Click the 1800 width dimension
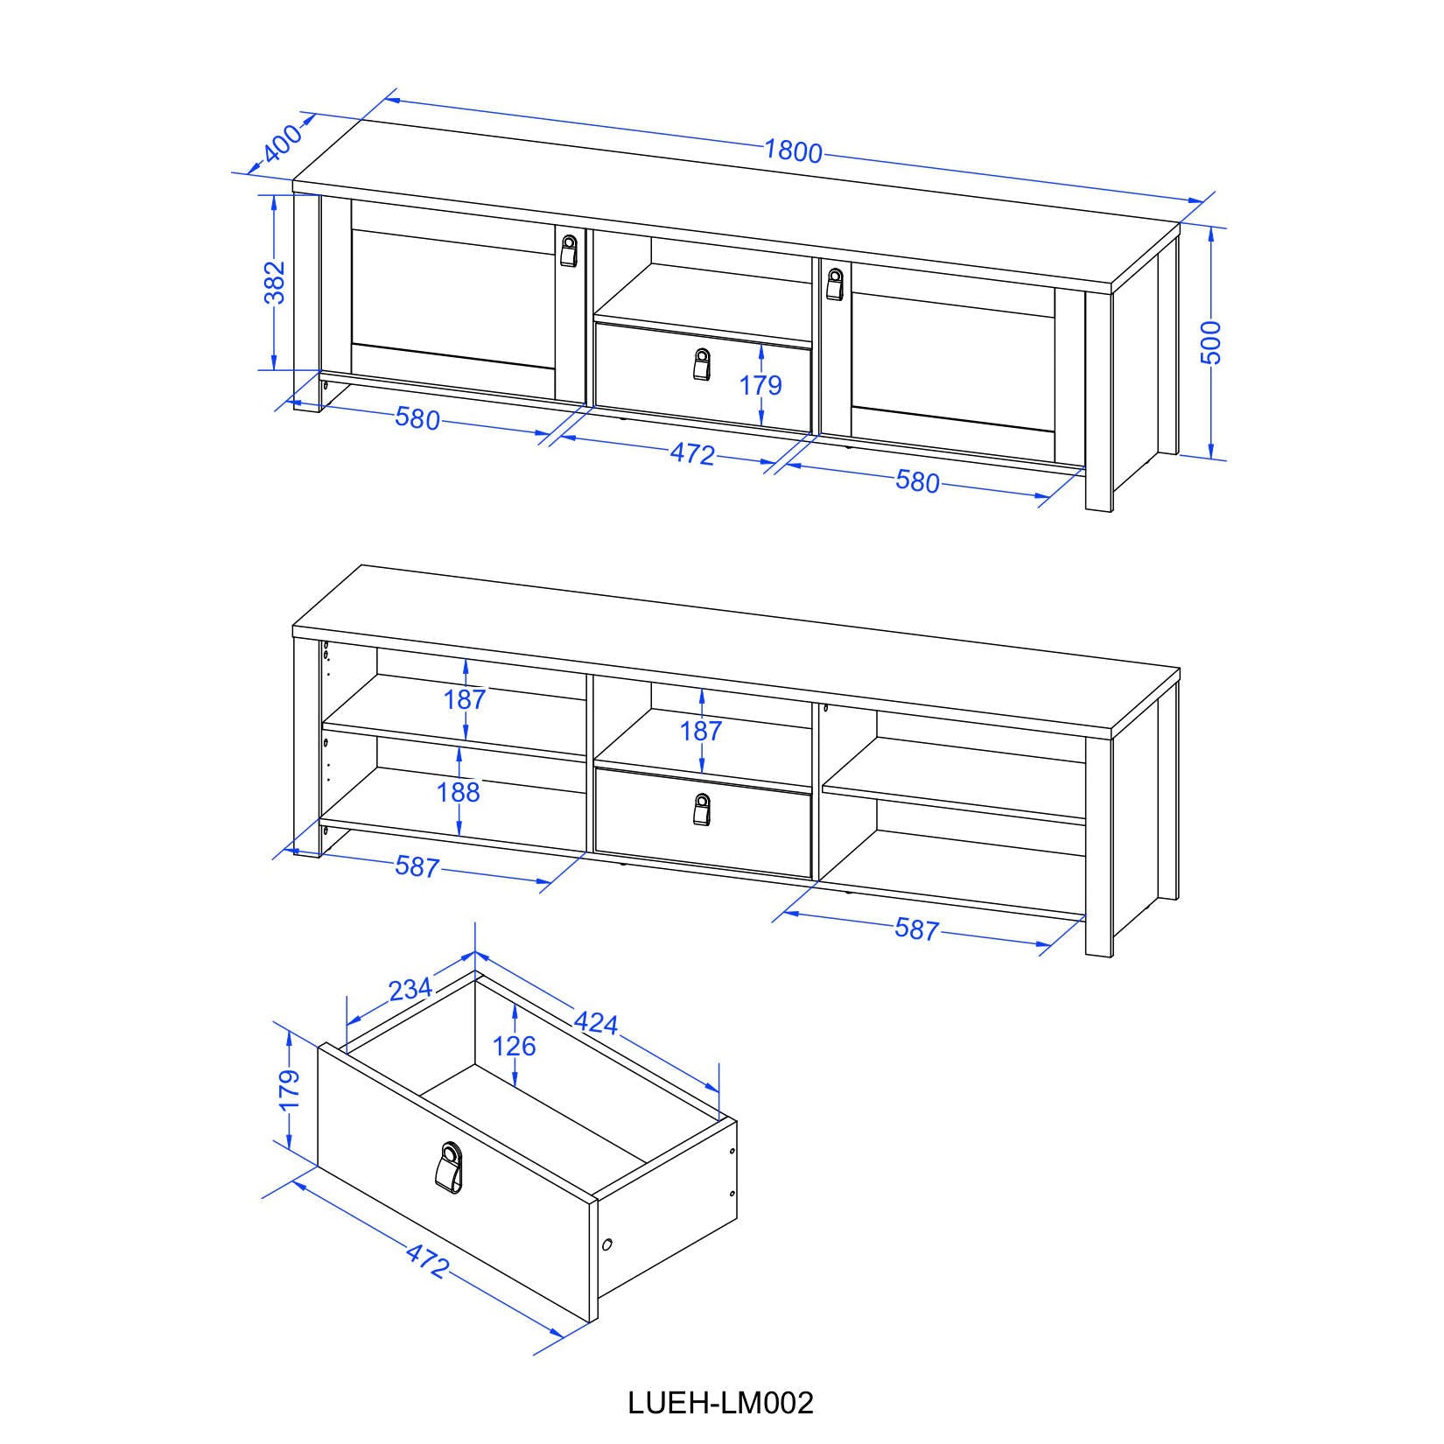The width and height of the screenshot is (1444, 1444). [x=794, y=151]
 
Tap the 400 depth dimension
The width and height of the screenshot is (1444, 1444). [x=282, y=143]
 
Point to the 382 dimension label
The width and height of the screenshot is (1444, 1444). [x=275, y=282]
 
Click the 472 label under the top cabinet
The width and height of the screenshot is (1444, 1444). [x=692, y=454]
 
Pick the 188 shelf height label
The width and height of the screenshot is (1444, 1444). [x=459, y=792]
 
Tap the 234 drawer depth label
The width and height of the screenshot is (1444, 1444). [x=410, y=989]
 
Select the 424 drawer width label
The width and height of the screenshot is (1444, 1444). [x=596, y=1021]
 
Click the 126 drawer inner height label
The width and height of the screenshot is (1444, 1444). [x=514, y=1045]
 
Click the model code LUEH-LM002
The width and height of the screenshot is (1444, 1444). [x=721, y=1402]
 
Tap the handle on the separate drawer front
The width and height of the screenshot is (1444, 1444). [x=451, y=1167]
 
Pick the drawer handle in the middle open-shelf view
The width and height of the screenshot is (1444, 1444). [x=701, y=809]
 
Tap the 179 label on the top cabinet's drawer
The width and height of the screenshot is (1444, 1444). [x=761, y=385]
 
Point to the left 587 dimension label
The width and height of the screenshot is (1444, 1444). [x=417, y=866]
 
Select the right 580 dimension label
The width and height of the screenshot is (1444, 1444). [x=917, y=481]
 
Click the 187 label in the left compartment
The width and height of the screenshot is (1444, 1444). [x=466, y=699]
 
